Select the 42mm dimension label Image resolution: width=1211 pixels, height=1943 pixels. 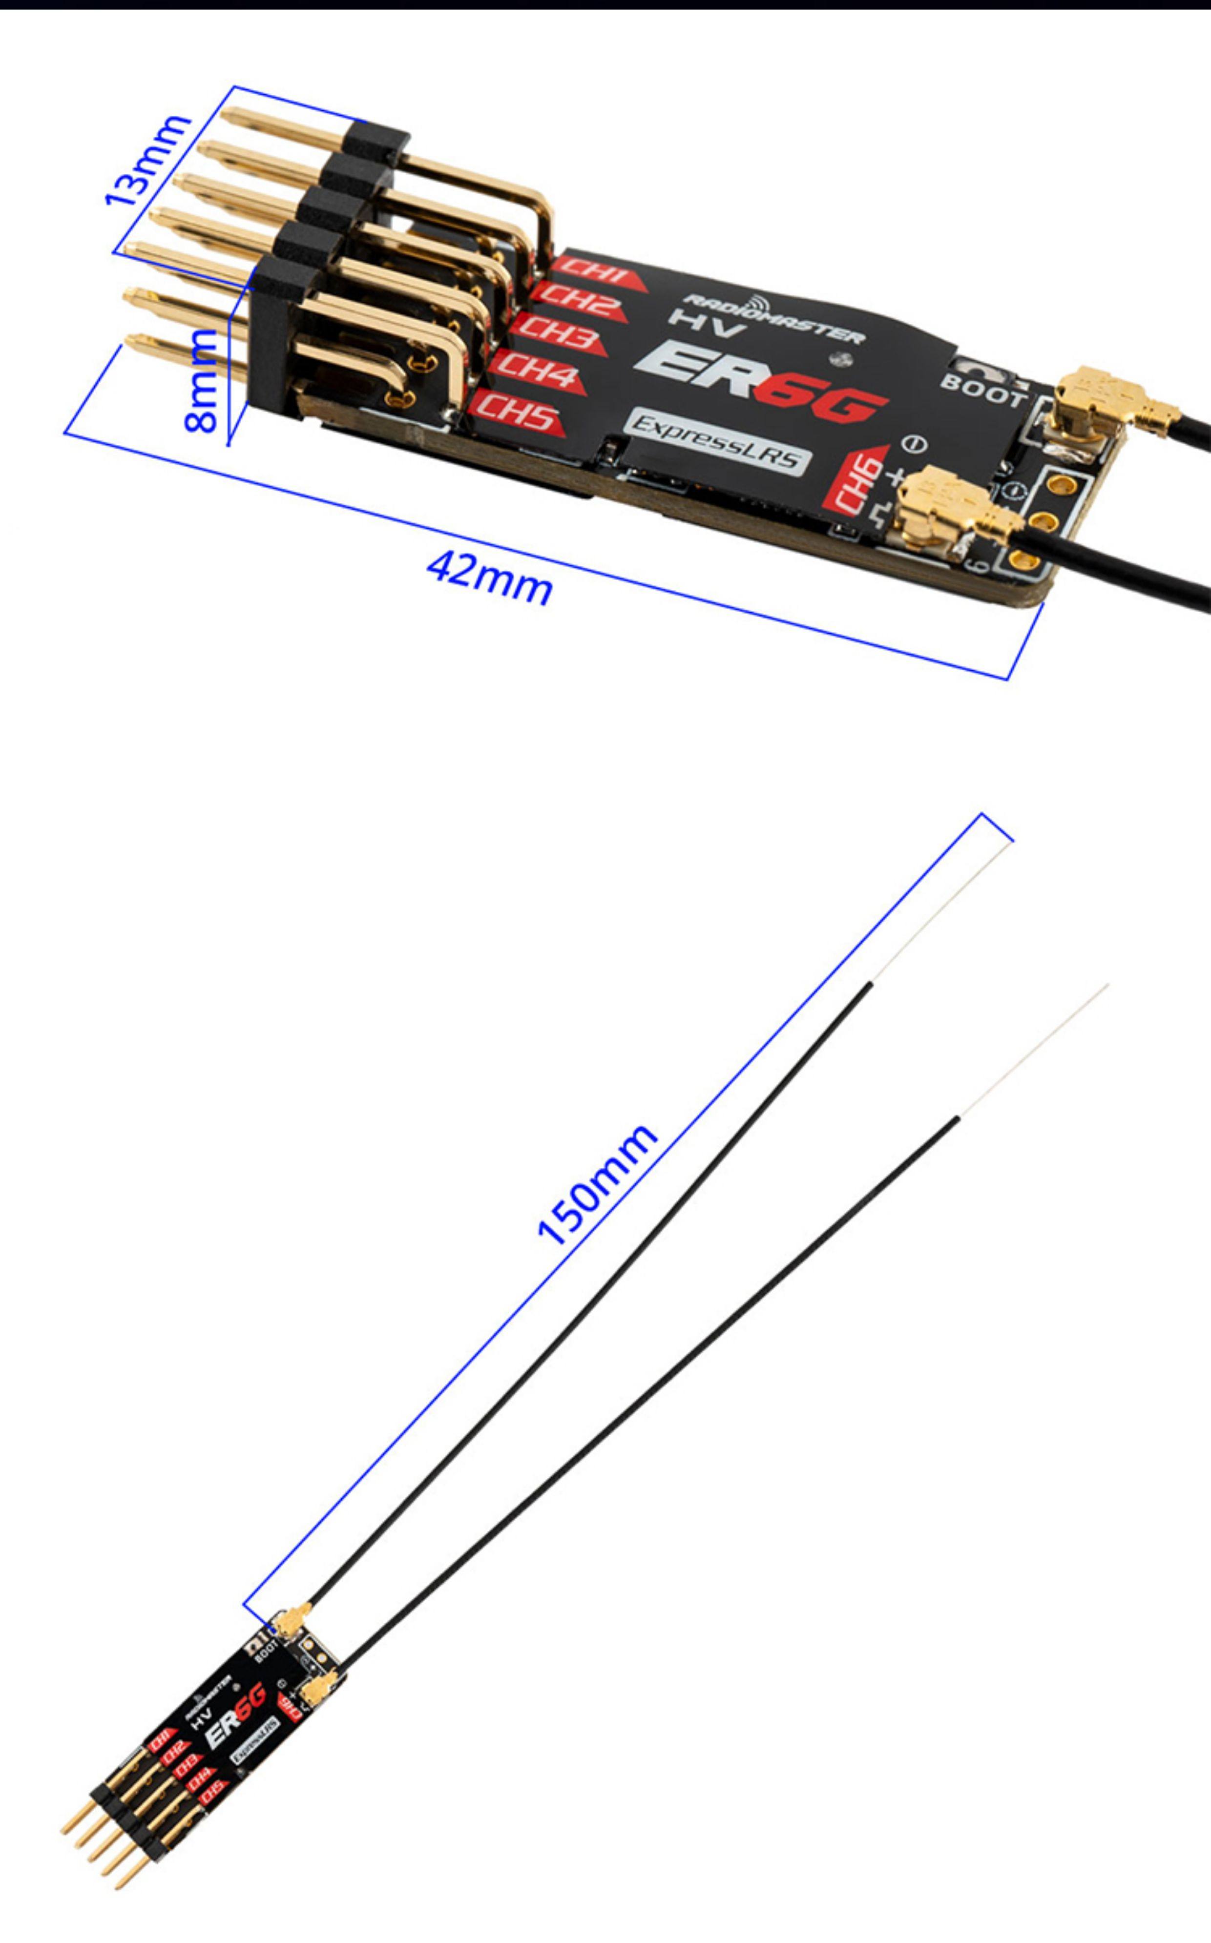[x=489, y=578]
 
